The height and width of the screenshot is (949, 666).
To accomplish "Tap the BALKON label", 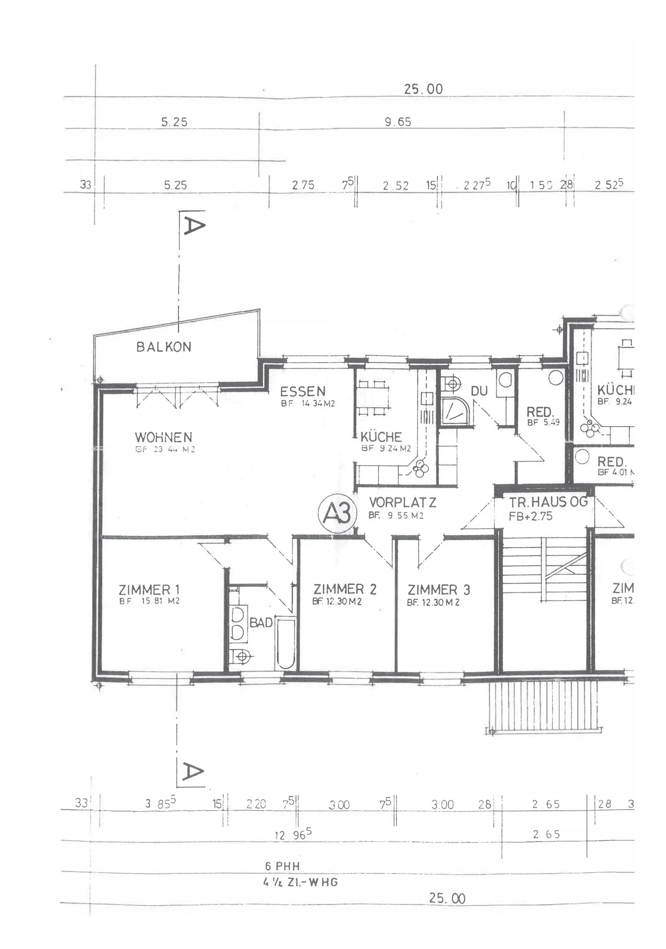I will (164, 347).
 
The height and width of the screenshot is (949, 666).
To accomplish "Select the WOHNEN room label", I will (163, 437).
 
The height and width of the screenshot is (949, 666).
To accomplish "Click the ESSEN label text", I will (303, 392).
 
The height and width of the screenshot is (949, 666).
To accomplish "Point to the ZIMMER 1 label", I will (149, 590).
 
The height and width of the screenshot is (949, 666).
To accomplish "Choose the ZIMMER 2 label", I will (345, 589).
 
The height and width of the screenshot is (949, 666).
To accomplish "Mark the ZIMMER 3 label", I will (439, 590).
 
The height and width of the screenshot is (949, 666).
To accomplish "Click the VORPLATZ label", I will (402, 502).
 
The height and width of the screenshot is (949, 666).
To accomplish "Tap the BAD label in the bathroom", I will (261, 623).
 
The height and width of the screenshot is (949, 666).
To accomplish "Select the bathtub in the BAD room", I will (285, 643).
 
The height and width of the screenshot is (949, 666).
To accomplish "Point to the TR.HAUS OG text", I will (548, 502).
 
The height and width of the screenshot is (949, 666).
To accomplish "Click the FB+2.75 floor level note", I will (530, 517).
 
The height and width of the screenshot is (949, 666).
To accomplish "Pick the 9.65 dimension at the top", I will (398, 122).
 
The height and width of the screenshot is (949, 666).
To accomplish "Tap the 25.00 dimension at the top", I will (423, 89).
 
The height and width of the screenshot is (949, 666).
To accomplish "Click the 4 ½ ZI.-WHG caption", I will (301, 882).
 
